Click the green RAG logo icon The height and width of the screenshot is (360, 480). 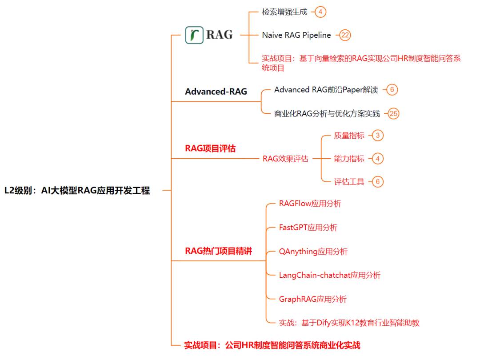tap(194, 35)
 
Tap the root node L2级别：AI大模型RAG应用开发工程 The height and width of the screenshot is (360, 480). tap(77, 190)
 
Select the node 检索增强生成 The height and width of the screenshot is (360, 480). tap(284, 12)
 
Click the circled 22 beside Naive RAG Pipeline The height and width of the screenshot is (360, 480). tap(345, 35)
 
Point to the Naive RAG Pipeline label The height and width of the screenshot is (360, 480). tap(296, 35)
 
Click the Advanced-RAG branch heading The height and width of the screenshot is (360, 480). tap(216, 92)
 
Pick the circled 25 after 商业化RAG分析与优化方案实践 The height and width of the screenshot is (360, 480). tap(393, 114)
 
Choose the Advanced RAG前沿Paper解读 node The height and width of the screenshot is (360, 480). tap(326, 90)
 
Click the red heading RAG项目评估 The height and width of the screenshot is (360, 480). tap(210, 148)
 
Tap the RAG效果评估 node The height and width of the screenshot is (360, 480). tap(285, 159)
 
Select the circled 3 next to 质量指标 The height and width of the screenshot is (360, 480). tap(378, 135)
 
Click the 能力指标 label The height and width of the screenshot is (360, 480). tap(349, 159)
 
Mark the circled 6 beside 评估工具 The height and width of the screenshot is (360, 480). tap(378, 181)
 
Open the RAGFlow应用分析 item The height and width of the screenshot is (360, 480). tap(310, 204)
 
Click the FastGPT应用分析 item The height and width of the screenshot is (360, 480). tap(308, 228)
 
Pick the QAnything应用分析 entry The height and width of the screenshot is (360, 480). tap(313, 252)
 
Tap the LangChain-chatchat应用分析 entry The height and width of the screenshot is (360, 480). tap(330, 275)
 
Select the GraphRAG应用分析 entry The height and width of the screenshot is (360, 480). tap(312, 299)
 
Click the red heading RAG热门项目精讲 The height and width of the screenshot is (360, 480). tap(219, 251)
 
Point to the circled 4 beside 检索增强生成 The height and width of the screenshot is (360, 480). tap(320, 12)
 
